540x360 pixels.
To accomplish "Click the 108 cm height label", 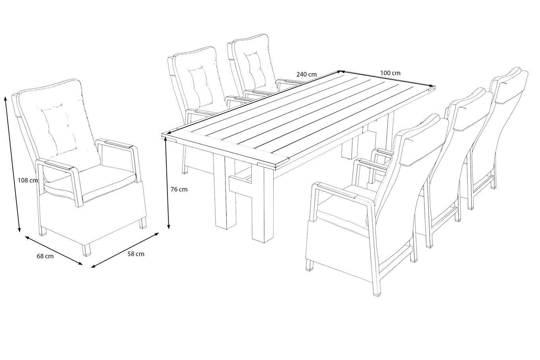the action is [28, 180].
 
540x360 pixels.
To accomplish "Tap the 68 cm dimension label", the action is [45, 256].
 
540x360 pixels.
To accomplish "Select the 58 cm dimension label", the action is [136, 254].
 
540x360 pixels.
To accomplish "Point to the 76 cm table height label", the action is [179, 189].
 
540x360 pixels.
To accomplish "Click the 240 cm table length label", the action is [307, 74].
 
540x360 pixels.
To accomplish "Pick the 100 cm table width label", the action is [390, 73].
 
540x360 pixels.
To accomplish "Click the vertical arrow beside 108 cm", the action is [12, 164].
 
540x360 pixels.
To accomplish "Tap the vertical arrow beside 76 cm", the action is [167, 184].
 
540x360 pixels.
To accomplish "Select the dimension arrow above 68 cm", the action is [54, 250].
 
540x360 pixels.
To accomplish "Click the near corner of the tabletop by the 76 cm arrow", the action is [162, 135].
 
